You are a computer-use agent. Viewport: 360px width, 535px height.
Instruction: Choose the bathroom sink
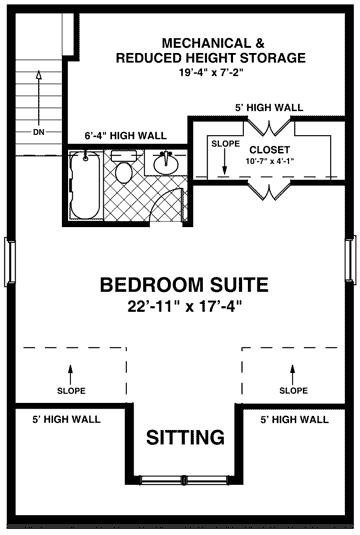coord(167,162)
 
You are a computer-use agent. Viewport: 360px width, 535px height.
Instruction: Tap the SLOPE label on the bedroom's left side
coord(71,389)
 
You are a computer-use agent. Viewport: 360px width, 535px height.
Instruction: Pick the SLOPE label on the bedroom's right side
coord(293,389)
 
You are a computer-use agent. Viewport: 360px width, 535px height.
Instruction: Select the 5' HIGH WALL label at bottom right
coord(293,419)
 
